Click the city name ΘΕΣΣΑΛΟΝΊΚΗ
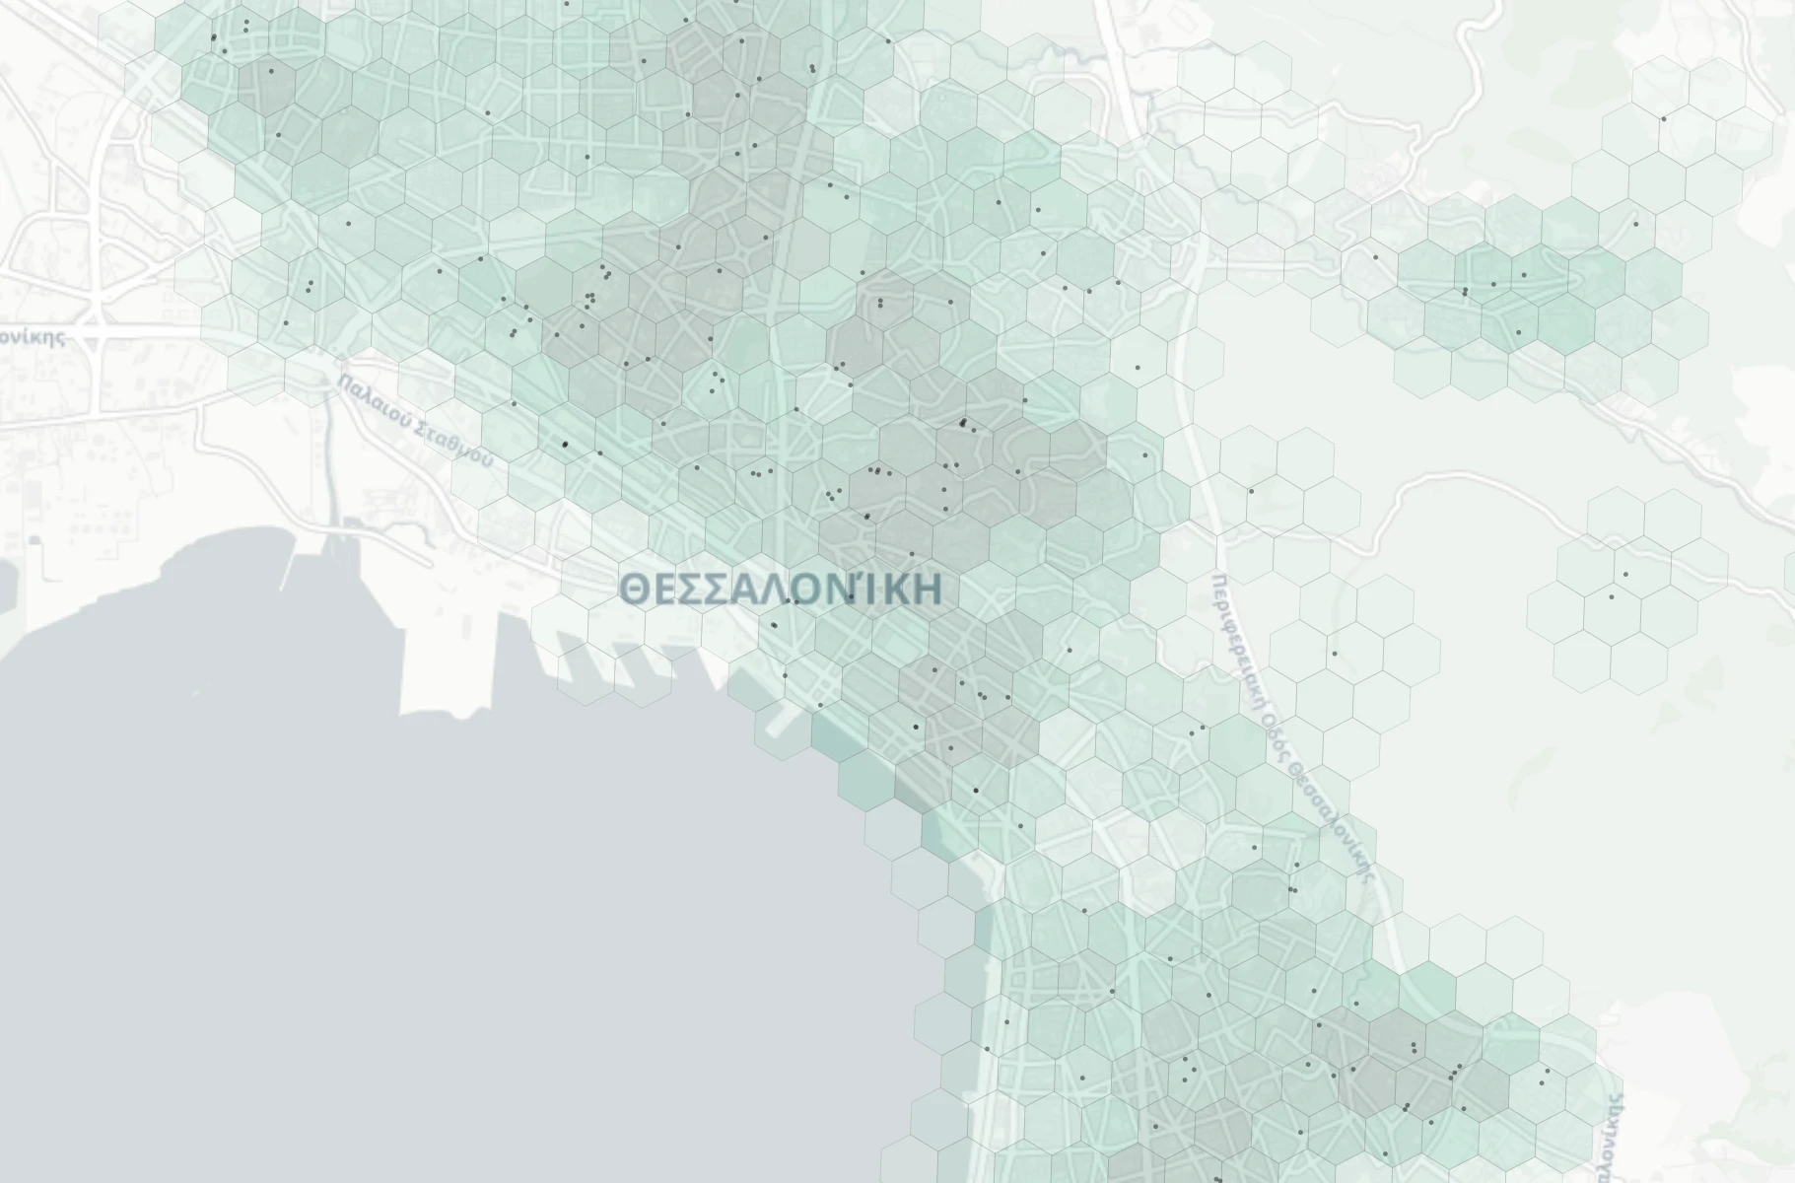(x=782, y=589)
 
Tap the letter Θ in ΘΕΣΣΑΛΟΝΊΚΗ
(x=636, y=590)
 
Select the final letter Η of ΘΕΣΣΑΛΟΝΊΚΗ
(x=928, y=590)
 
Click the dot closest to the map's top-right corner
(x=1664, y=119)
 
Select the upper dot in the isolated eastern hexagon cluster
(x=1625, y=575)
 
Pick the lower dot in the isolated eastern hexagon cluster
(x=1612, y=596)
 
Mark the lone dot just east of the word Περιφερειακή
(x=1335, y=653)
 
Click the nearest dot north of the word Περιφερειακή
(x=1251, y=490)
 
